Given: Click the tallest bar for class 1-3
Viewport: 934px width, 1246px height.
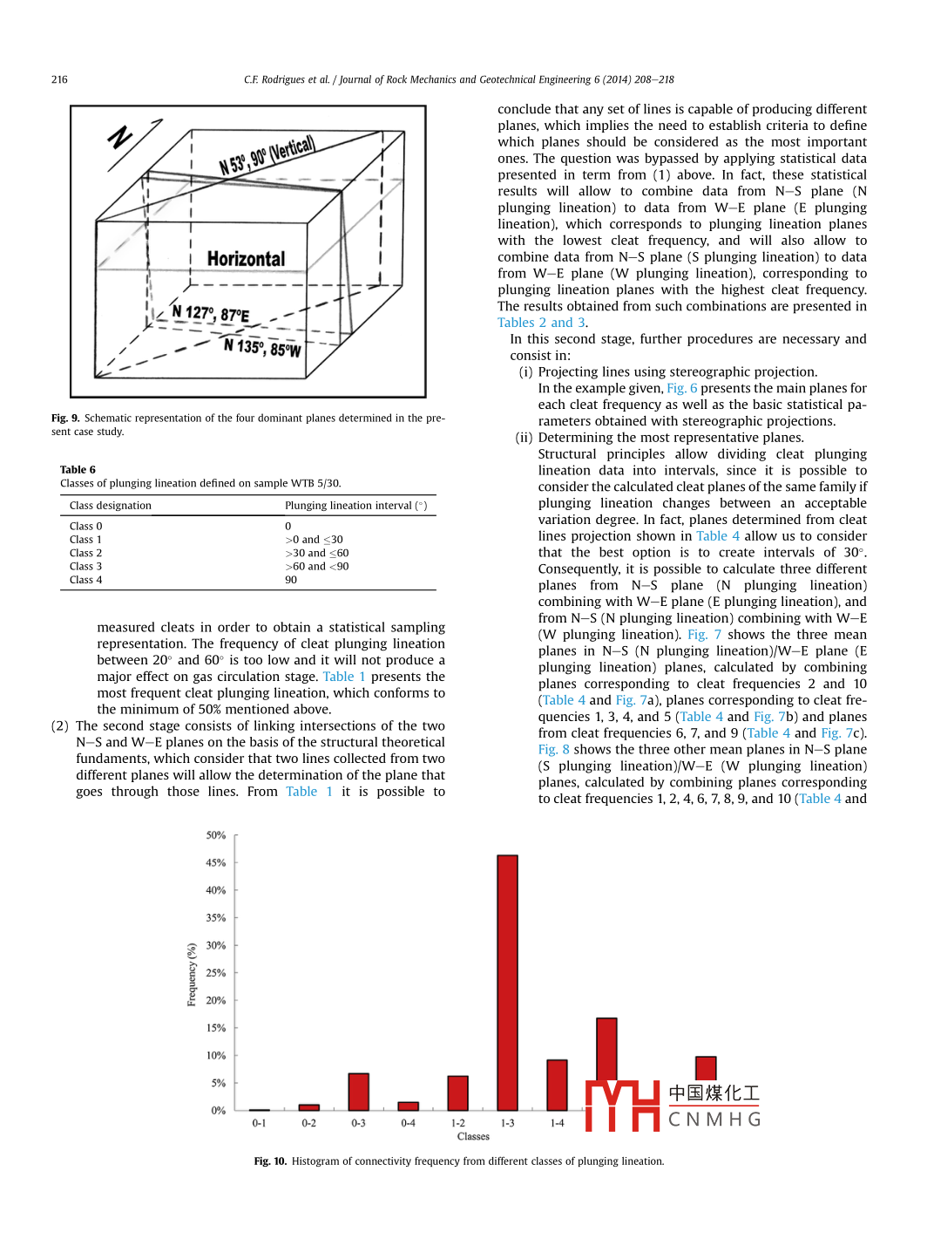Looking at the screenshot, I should coord(507,982).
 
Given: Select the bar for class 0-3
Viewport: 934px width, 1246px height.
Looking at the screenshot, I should coord(358,1092).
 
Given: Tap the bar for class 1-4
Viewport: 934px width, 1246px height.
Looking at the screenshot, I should coord(557,1085).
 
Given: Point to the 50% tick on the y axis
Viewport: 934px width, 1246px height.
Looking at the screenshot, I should coord(216,835).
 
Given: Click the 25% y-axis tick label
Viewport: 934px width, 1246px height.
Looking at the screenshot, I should coord(216,973).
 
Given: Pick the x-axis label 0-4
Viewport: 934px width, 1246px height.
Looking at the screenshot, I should coord(408,1123).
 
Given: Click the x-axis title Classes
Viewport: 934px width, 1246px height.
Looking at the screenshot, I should coord(473,1136).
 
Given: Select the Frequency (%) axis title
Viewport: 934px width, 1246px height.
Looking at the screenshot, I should coord(192,974).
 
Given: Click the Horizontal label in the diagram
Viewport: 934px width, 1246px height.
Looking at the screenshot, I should coord(246,259).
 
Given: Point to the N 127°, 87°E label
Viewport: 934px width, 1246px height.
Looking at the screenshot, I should coord(210,313).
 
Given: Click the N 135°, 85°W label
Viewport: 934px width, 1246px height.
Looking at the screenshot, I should coord(262,347).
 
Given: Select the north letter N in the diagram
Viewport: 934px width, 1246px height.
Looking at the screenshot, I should coord(120,137).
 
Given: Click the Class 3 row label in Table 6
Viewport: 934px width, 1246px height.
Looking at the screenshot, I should coord(85,566).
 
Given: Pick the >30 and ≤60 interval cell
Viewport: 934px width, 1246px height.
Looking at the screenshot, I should coord(316,553).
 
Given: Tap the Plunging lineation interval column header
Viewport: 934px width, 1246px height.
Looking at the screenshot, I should coord(355,506).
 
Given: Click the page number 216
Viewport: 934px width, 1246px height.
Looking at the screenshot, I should coord(59,79).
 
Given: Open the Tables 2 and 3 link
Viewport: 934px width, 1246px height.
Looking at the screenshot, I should coord(541,323).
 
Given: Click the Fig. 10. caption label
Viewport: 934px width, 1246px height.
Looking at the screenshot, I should coord(270,1161).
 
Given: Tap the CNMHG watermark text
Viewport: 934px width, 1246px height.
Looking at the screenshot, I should coord(714,1119).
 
